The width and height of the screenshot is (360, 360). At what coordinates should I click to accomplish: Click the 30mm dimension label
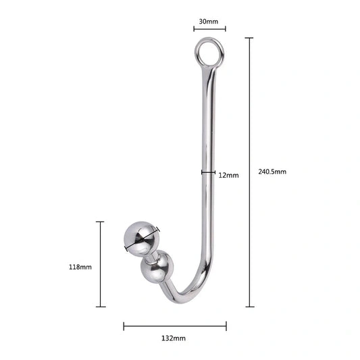(209, 22)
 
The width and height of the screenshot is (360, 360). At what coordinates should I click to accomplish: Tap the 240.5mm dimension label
(272, 172)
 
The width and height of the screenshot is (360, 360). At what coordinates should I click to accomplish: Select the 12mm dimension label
(228, 176)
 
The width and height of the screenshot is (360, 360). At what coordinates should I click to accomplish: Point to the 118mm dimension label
(80, 267)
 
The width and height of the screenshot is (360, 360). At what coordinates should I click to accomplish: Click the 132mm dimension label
(174, 338)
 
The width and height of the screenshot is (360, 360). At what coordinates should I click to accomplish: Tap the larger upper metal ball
(141, 238)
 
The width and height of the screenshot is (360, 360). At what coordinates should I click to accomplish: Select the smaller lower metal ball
(157, 267)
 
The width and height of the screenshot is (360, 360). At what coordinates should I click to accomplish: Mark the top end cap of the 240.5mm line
(249, 38)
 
